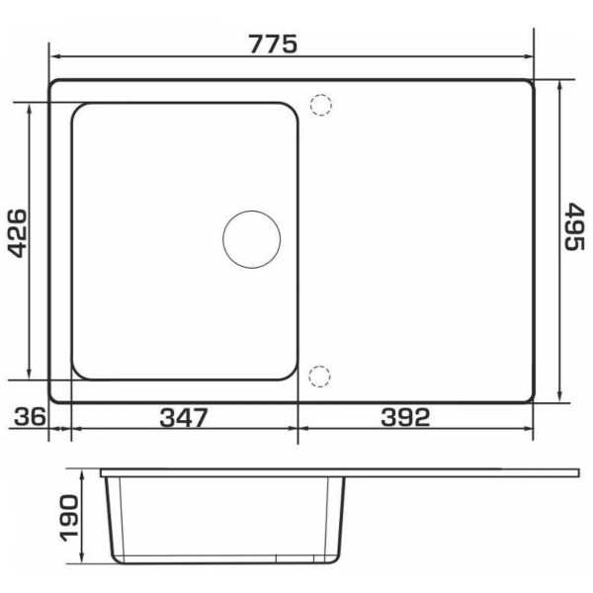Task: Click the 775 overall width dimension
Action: click(x=273, y=44)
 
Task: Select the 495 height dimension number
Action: click(x=574, y=226)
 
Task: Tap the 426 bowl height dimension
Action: click(x=18, y=233)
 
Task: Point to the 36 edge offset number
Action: click(x=31, y=417)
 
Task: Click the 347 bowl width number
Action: click(x=184, y=417)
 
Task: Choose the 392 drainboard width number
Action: click(x=405, y=417)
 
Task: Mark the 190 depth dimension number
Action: click(x=69, y=518)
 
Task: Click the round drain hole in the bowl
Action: click(x=251, y=240)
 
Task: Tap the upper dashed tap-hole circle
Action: click(x=320, y=105)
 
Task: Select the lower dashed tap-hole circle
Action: click(x=319, y=377)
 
